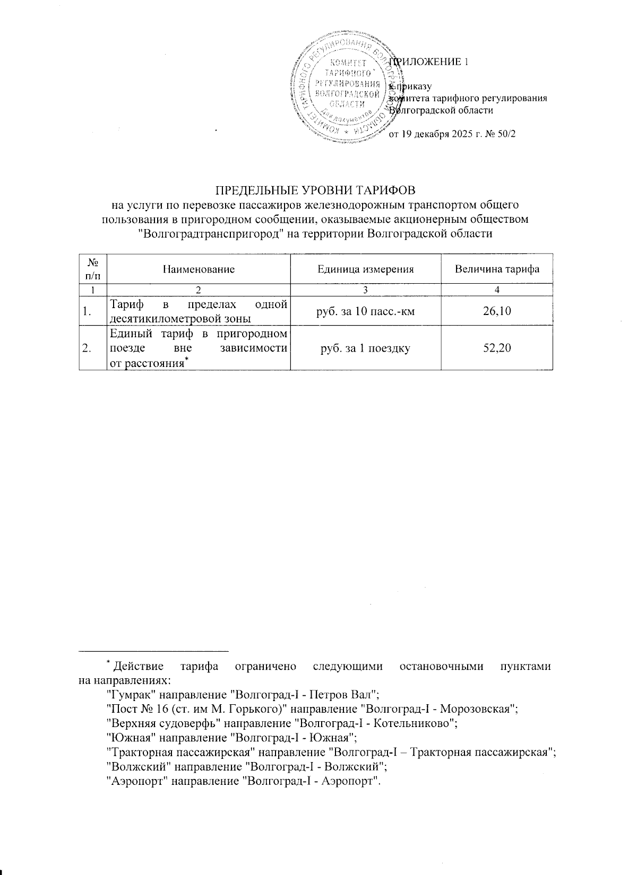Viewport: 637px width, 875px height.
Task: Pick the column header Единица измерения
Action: click(365, 269)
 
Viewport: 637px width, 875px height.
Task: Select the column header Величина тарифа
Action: click(497, 269)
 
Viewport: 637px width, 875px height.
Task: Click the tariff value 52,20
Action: click(496, 348)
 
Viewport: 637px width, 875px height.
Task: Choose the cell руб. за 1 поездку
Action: click(365, 348)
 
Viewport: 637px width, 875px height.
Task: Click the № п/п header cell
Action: click(93, 269)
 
